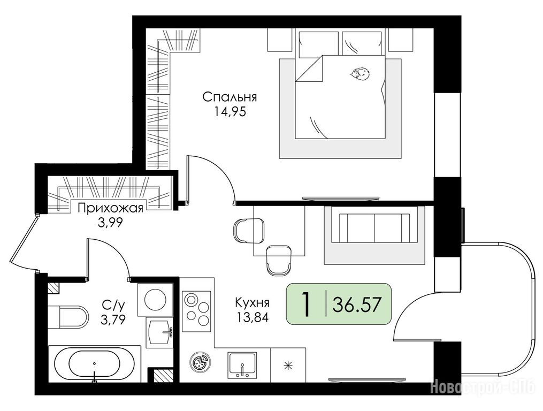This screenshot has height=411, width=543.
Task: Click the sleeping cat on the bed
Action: pyautogui.click(x=360, y=74)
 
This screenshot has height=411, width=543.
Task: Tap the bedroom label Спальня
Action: pyautogui.click(x=230, y=97)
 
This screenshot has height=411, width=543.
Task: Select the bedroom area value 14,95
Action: pyautogui.click(x=230, y=112)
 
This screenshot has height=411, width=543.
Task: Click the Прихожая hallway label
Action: pyautogui.click(x=110, y=208)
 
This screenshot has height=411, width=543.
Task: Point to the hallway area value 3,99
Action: pyautogui.click(x=110, y=223)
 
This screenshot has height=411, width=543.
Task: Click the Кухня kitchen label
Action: pyautogui.click(x=252, y=302)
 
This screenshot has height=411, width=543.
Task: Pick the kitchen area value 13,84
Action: pyautogui.click(x=252, y=317)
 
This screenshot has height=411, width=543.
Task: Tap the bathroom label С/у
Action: pyautogui.click(x=113, y=305)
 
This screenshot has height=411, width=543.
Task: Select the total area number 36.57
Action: pyautogui.click(x=357, y=305)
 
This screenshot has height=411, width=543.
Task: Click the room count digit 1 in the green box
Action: pyautogui.click(x=306, y=304)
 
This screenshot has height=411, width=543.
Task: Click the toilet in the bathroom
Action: pyautogui.click(x=68, y=316)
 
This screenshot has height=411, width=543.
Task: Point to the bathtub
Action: pyautogui.click(x=95, y=364)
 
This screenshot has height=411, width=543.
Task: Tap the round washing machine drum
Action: pyautogui.click(x=155, y=300)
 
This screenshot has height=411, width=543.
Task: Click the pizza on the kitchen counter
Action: pyautogui.click(x=199, y=363)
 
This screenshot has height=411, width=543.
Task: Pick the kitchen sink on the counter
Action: pyautogui.click(x=242, y=366)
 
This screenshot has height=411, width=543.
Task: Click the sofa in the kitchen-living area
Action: pyautogui.click(x=374, y=227)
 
